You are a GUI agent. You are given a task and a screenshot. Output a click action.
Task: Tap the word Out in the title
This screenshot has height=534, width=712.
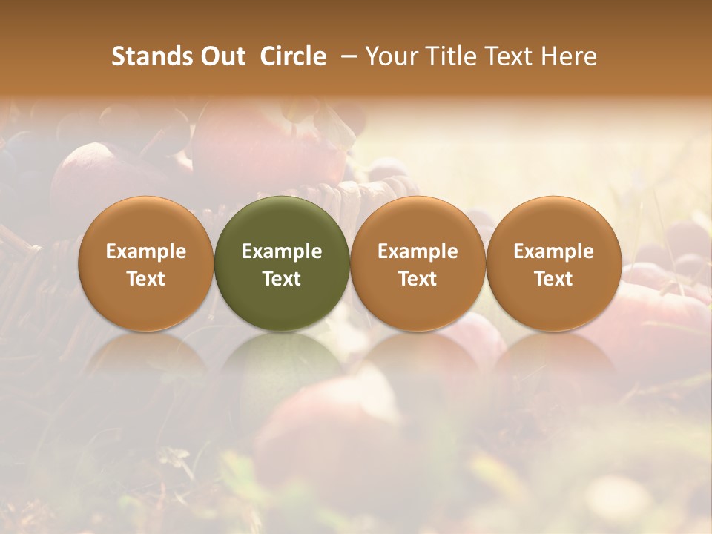(x=220, y=56)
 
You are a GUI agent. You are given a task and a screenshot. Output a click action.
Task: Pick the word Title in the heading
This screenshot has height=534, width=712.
(x=455, y=56)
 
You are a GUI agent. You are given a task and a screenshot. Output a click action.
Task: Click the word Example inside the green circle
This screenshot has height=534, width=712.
(x=282, y=251)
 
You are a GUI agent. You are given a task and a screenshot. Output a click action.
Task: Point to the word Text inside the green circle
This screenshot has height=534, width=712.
(x=282, y=279)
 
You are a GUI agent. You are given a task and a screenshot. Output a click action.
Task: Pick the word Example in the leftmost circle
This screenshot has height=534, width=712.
(x=146, y=251)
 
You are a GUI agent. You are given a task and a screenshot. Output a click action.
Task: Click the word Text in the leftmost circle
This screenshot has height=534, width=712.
(x=146, y=279)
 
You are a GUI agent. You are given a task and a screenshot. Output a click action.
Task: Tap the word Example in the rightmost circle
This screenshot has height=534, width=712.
(x=553, y=251)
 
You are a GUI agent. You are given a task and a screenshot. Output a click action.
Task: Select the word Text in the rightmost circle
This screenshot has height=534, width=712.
(x=553, y=279)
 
